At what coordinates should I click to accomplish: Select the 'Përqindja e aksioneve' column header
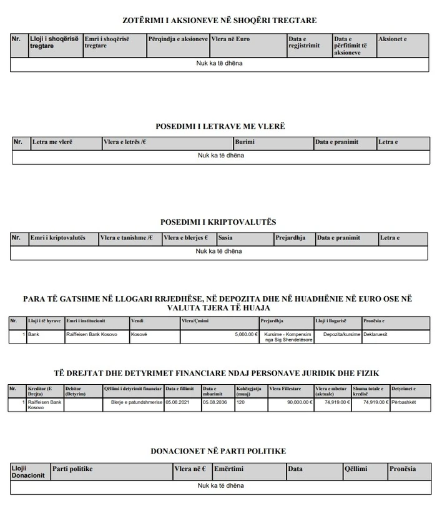pyautogui.click(x=178, y=39)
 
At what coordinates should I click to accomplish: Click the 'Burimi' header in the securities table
pyautogui.click(x=245, y=142)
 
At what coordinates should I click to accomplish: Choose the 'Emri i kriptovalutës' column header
pyautogui.click(x=57, y=238)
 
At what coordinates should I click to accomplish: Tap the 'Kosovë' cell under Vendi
pyautogui.click(x=139, y=334)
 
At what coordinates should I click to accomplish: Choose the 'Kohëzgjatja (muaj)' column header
pyautogui.click(x=250, y=390)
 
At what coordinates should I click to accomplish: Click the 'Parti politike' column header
pyautogui.click(x=72, y=469)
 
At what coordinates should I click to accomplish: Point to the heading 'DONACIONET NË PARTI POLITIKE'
pyautogui.click(x=219, y=450)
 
